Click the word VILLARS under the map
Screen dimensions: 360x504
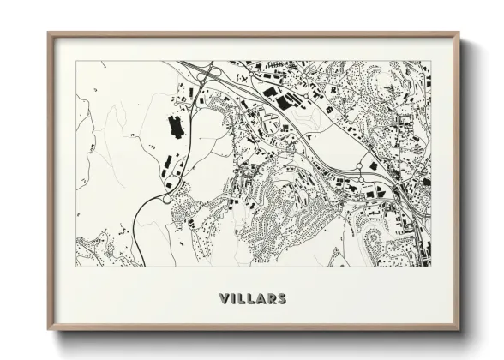coord(253,298)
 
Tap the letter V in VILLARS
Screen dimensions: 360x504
coord(225,298)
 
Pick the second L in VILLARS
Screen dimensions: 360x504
coord(253,298)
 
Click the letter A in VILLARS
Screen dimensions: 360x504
coord(263,298)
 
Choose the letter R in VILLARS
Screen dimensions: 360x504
coord(273,298)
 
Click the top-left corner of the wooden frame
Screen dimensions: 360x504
coord(48,33)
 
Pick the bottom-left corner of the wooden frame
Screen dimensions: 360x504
coord(48,331)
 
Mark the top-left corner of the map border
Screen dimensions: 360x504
coord(76,61)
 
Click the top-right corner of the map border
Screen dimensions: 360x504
coord(431,61)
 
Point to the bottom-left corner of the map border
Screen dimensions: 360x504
coord(76,267)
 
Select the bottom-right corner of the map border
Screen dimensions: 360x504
coord(431,267)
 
